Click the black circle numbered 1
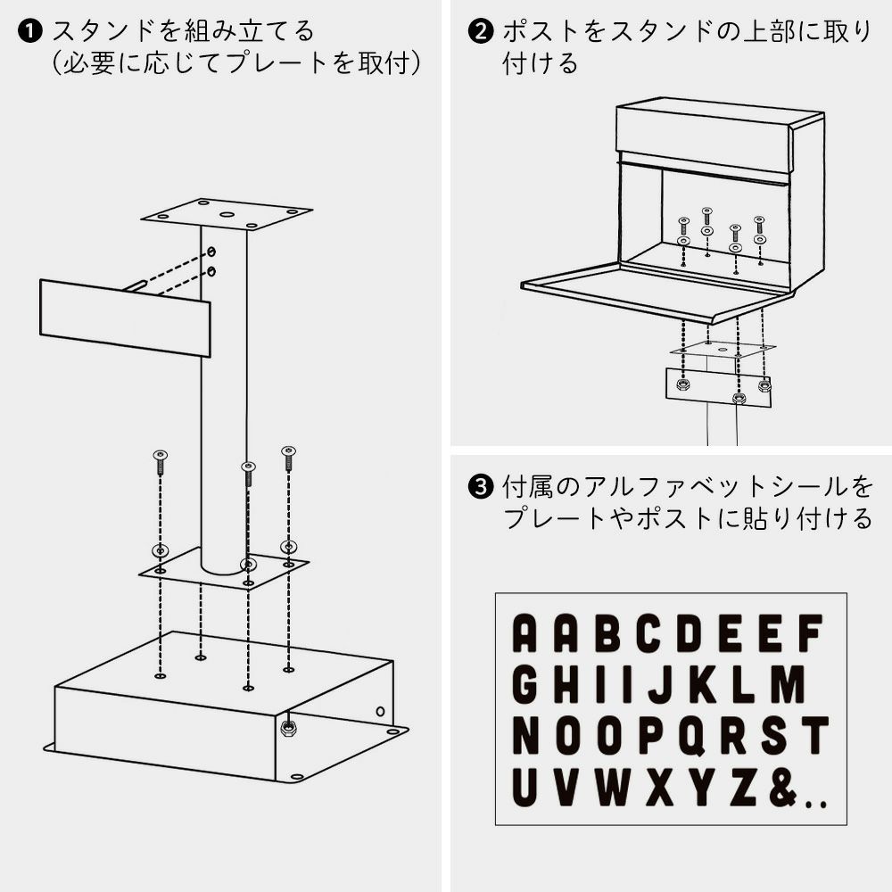coord(29,31)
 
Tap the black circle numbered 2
coord(480,31)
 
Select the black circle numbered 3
coord(480,487)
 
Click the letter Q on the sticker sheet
coord(692,735)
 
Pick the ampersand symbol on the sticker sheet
coord(783,787)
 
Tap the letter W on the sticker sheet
coord(614,787)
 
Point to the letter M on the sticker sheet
coord(789,684)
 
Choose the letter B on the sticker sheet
coord(608,632)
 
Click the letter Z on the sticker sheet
coord(742,787)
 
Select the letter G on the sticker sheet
coord(525,684)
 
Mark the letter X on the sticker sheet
coord(660,787)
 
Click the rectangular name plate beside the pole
coord(125,318)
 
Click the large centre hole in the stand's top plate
coord(227,215)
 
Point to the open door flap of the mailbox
coord(657,290)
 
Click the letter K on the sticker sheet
coord(704,684)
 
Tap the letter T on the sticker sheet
coord(814,735)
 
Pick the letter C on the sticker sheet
coord(649,632)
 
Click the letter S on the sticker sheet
coord(774,735)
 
